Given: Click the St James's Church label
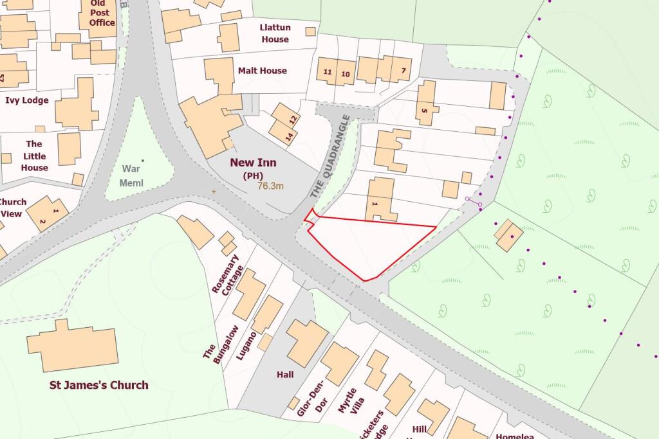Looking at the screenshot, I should coord(99,386).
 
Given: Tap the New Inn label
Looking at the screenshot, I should coord(254,163).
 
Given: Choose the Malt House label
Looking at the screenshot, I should coord(262,71).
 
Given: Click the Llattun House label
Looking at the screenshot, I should coord(274,33).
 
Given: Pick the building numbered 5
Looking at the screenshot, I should coord(425,103).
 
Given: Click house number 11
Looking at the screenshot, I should coord(328,72).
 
